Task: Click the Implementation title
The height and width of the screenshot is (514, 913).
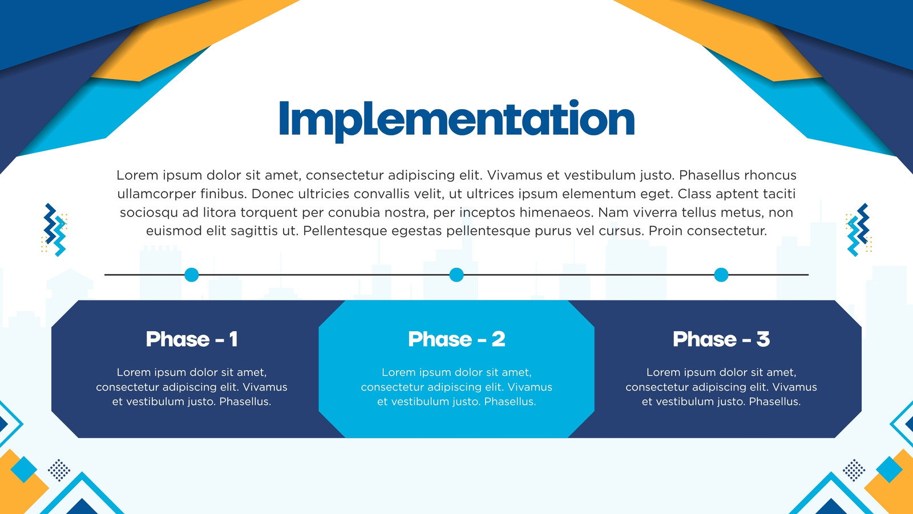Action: pyautogui.click(x=457, y=121)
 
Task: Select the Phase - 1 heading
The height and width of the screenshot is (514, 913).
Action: pyautogui.click(x=192, y=339)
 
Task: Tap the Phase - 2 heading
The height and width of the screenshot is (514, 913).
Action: pyautogui.click(x=457, y=339)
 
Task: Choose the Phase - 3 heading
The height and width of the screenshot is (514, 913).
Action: pyautogui.click(x=721, y=339)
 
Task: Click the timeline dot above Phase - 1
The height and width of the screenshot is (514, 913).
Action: pyautogui.click(x=192, y=275)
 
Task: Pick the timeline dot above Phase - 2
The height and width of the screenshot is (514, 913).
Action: pyautogui.click(x=457, y=275)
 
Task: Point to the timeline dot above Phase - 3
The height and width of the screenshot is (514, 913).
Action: pyautogui.click(x=721, y=275)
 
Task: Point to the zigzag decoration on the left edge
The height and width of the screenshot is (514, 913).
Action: pyautogui.click(x=55, y=230)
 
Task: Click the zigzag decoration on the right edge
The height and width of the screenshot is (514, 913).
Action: pyautogui.click(x=858, y=230)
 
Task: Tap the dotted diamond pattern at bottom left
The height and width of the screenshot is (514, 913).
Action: pyautogui.click(x=59, y=471)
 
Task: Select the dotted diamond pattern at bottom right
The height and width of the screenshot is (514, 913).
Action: pyautogui.click(x=854, y=471)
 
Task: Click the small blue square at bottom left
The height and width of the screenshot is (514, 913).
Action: pyautogui.click(x=23, y=469)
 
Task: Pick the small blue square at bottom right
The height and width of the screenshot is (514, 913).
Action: pyautogui.click(x=889, y=469)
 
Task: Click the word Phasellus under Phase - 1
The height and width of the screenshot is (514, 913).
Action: pyautogui.click(x=245, y=402)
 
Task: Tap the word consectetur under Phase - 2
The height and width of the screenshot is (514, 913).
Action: pyautogui.click(x=390, y=387)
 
